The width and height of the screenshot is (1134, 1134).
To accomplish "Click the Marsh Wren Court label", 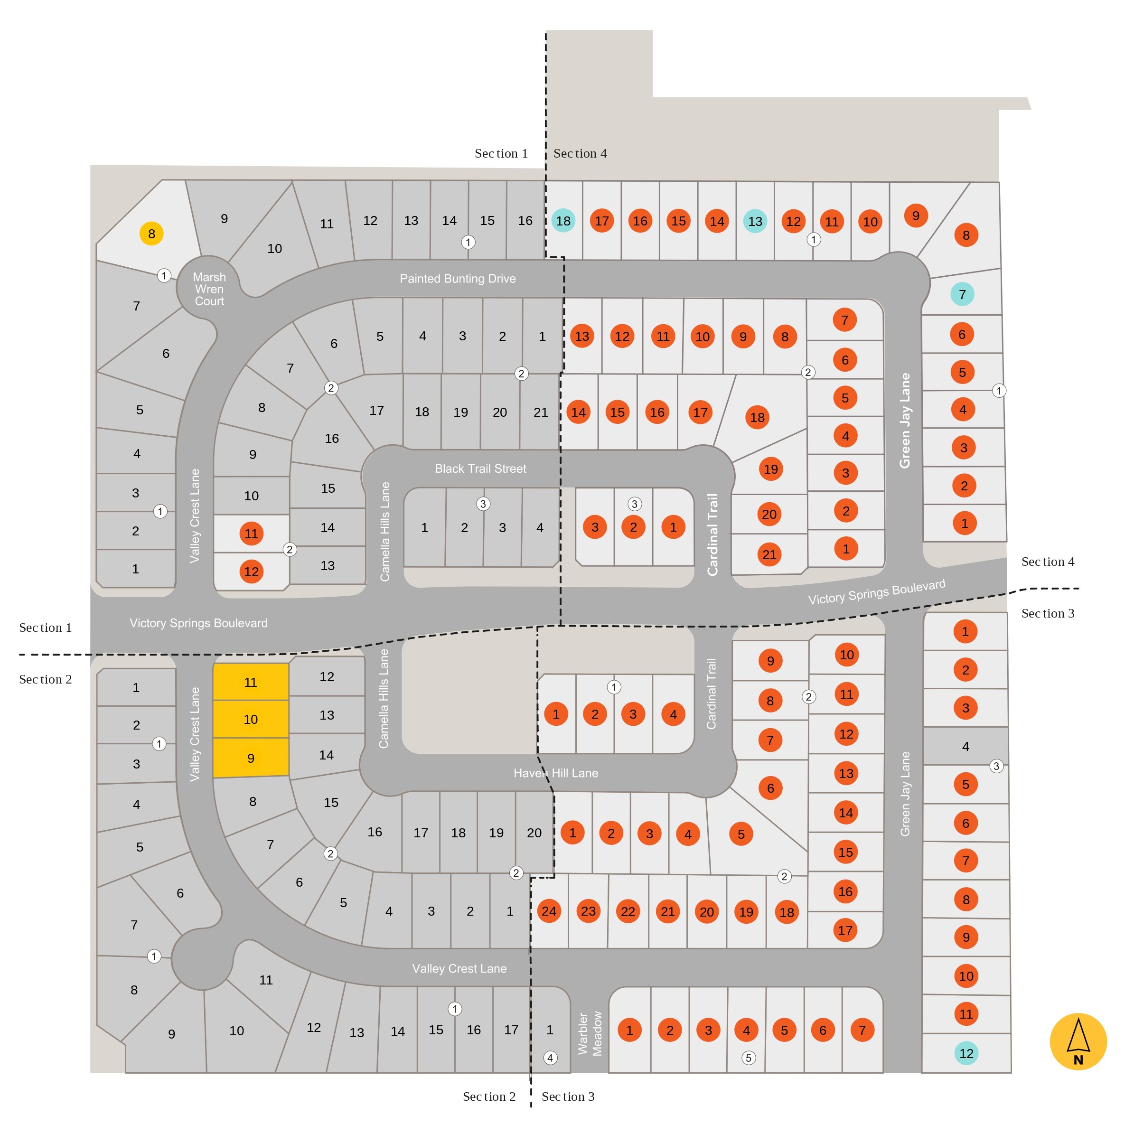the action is [x=209, y=289].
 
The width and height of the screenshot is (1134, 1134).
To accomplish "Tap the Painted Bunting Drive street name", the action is [x=458, y=279].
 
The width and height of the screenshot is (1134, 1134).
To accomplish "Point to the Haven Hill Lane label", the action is [x=556, y=773].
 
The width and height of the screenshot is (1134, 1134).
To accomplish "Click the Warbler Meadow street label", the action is [x=590, y=1033].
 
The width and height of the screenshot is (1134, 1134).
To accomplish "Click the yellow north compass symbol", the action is [x=1078, y=1041].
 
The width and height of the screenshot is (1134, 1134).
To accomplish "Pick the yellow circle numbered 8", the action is [x=151, y=234].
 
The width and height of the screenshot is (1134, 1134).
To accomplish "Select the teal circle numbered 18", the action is [x=563, y=221].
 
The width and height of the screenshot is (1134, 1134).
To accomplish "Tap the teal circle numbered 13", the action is [x=755, y=221].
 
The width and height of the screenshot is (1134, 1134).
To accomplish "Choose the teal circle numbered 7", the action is [x=962, y=294].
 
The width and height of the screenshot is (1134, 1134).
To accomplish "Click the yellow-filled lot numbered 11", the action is [x=251, y=682].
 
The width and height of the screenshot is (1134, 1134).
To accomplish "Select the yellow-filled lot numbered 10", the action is [x=251, y=719].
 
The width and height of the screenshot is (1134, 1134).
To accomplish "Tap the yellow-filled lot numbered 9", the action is [x=251, y=758].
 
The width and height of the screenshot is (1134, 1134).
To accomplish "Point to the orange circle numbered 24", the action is [x=549, y=911].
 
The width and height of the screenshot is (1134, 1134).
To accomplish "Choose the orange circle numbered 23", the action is [x=588, y=911].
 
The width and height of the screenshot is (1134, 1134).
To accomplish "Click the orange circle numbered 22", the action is [x=628, y=911].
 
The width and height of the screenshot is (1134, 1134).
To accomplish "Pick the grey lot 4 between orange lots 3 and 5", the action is [x=965, y=746].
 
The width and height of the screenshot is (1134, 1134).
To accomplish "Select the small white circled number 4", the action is [x=550, y=1058].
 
